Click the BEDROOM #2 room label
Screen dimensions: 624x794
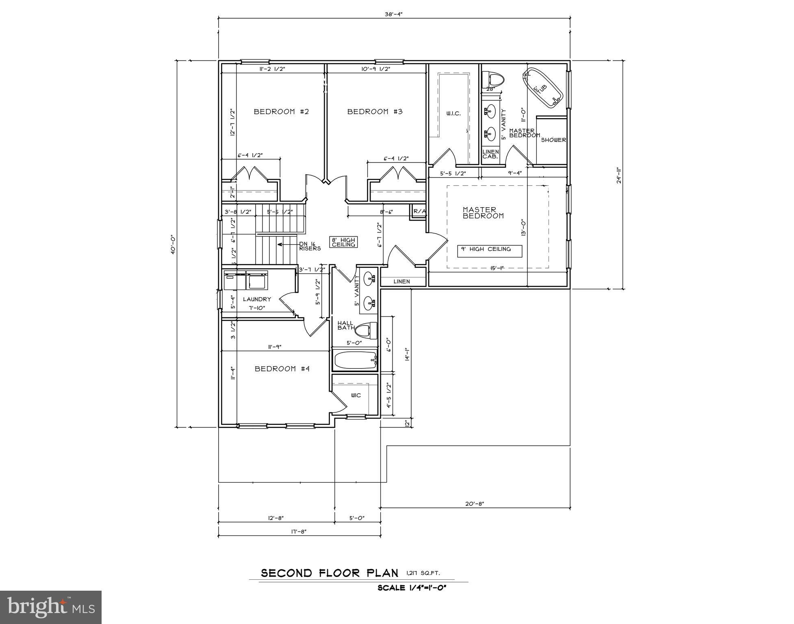coord(281,111)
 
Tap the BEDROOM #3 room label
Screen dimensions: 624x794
coord(375,111)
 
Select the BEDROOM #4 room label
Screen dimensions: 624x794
coord(282,368)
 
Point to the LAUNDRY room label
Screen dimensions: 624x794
coord(257,299)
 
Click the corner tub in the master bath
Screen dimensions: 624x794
coord(543,89)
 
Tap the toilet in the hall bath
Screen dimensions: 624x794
coord(369,330)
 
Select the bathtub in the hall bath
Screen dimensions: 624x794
coord(355,360)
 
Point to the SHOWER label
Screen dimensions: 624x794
coord(553,140)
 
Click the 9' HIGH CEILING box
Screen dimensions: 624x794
coord(490,251)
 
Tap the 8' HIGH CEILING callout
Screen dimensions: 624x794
coord(343,242)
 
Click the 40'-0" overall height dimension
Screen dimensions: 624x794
coord(173,244)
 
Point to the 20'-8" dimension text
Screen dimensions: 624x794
coord(475,504)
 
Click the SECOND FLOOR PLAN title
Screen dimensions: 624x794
coord(329,573)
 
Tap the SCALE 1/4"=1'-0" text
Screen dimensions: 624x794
coord(412,588)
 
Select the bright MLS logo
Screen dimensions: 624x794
coord(51,607)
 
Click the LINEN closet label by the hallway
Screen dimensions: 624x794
coord(401,281)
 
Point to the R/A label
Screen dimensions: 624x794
coord(419,211)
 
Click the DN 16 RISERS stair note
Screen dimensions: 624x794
coord(310,246)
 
